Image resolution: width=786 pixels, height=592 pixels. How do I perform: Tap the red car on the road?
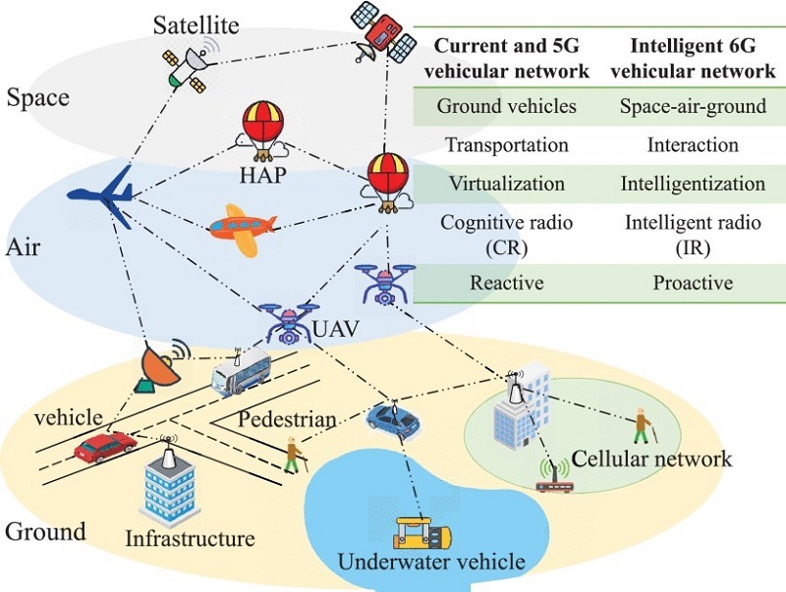(x=104, y=447)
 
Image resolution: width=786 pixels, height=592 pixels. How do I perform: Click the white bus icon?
(x=240, y=375)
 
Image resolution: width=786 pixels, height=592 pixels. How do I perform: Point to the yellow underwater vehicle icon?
(x=421, y=532)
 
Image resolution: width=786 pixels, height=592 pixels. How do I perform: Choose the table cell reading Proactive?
(x=693, y=283)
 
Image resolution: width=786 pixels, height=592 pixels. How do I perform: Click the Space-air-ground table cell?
(x=693, y=106)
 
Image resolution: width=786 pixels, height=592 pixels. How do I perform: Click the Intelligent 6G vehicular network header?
(x=693, y=57)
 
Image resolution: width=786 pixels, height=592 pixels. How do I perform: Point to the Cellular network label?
(x=651, y=458)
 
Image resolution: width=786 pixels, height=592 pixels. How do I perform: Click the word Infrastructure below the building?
(x=190, y=538)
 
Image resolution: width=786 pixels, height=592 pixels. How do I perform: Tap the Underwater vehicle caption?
(x=431, y=563)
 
